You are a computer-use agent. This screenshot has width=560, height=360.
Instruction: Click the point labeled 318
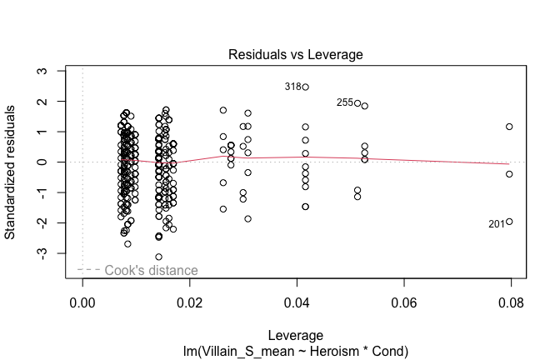point(306,87)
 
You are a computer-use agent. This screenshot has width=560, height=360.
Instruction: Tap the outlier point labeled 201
point(509,222)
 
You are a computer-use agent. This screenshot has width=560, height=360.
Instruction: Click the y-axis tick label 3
point(44,71)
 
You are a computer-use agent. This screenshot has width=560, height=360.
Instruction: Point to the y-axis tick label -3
point(44,252)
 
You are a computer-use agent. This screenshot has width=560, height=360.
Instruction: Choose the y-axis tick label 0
point(44,162)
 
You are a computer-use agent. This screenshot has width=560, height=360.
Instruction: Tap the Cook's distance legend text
point(151,270)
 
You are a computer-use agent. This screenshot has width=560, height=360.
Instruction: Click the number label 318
point(292,87)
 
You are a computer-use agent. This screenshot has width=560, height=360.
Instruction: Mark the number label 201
point(497,223)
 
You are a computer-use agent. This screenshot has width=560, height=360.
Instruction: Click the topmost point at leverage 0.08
point(509,127)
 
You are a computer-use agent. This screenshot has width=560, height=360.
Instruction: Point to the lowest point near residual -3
point(158,257)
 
